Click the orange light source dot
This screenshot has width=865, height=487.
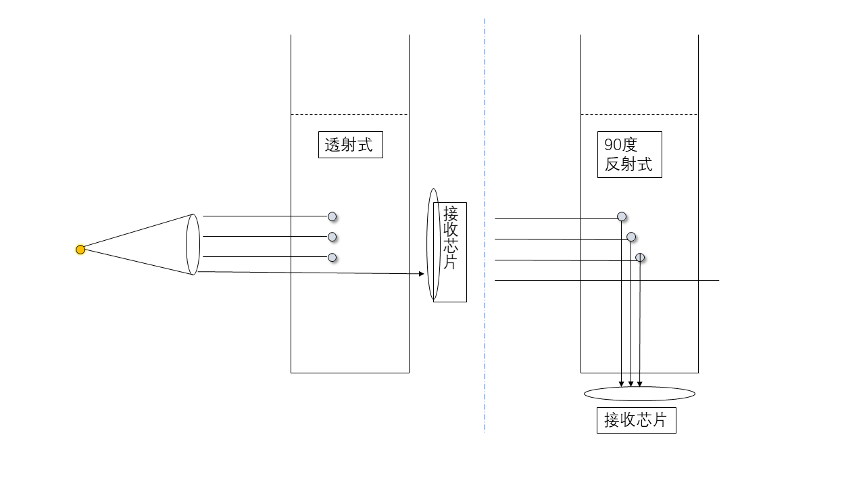pos(80,250)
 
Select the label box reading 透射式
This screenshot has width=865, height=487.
pos(351,145)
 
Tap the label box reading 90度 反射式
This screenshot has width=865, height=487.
pos(629,155)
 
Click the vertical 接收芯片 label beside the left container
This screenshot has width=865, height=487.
pos(450,252)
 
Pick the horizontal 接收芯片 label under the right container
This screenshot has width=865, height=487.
pos(637,420)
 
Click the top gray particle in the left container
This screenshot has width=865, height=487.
pos(332,216)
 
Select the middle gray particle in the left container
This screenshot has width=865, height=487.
pos(332,237)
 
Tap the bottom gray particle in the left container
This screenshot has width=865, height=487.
pos(332,258)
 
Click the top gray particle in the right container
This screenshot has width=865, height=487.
pos(622,216)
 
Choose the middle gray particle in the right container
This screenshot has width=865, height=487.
pos(631,237)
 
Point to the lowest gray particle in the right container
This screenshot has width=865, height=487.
pos(640,258)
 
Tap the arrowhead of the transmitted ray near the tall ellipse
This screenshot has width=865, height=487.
pos(422,274)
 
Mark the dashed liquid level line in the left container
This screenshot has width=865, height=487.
pos(349,114)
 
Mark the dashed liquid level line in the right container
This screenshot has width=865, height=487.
pos(639,114)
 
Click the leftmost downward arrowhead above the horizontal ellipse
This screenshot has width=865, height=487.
pos(621,384)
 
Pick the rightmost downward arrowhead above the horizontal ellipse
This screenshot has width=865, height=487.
pos(639,384)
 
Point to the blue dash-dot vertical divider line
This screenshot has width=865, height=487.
pos(485,225)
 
